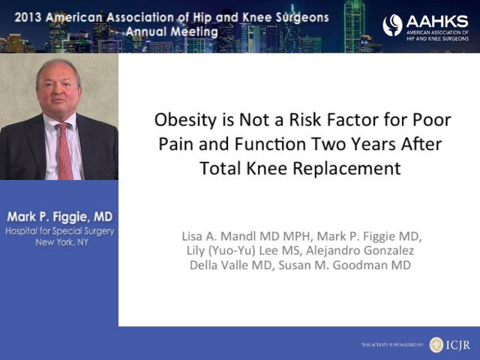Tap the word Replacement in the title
(346, 169)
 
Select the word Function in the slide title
(270, 144)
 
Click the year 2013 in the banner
(28, 17)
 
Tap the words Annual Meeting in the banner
(172, 31)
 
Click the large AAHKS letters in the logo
(437, 22)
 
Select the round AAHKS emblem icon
(392, 25)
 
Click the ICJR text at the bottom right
(457, 345)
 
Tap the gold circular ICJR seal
(436, 345)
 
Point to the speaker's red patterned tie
(64, 151)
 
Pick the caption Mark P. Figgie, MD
(60, 217)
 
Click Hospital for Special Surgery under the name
(60, 231)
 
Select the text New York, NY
(62, 242)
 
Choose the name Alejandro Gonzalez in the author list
(360, 250)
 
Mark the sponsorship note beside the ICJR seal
(392, 345)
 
